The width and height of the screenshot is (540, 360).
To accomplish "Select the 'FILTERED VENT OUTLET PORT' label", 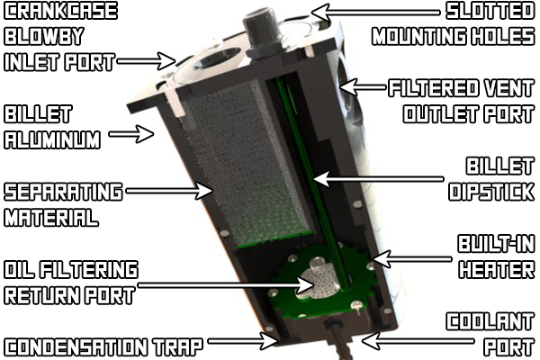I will pyautogui.click(x=461, y=102).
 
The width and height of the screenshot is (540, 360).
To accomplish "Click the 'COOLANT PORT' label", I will pyautogui.click(x=490, y=333).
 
